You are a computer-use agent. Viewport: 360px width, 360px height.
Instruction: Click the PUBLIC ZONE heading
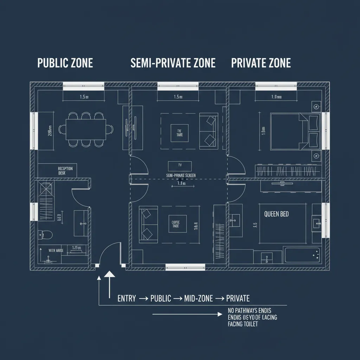click(x=65, y=63)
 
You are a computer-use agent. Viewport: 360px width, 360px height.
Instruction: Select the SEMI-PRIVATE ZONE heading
click(x=173, y=63)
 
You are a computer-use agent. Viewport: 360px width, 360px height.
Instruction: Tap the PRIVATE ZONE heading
click(x=261, y=63)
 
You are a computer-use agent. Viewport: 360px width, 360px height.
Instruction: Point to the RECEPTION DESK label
click(x=65, y=171)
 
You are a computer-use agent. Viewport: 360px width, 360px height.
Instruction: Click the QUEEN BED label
click(x=276, y=214)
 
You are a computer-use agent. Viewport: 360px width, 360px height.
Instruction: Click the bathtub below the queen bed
click(x=302, y=255)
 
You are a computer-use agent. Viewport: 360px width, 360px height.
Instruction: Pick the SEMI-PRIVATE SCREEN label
click(x=180, y=175)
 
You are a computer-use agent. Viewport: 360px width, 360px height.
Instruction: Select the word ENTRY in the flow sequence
click(x=127, y=298)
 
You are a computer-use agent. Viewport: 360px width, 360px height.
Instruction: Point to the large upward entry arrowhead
click(x=110, y=275)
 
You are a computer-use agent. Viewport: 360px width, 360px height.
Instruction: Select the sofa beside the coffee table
click(x=147, y=224)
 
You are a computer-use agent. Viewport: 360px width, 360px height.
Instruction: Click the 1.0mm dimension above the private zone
click(x=276, y=97)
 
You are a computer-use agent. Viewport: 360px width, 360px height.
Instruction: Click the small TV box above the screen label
click(x=180, y=166)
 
